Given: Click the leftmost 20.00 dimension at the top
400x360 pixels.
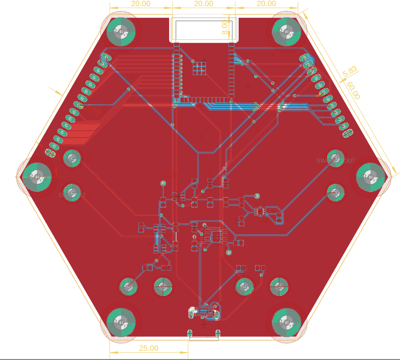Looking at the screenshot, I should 140,4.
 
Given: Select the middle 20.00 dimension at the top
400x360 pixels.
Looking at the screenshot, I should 203,4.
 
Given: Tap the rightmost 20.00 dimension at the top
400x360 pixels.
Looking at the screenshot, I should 266,4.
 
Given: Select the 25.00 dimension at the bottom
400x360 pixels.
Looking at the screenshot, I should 149,348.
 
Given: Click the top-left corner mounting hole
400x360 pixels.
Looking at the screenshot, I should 120,31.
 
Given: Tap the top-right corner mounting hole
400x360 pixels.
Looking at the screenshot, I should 286,31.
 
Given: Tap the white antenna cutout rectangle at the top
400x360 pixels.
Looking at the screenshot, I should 203,29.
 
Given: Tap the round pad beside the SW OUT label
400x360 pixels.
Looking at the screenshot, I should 335,158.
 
